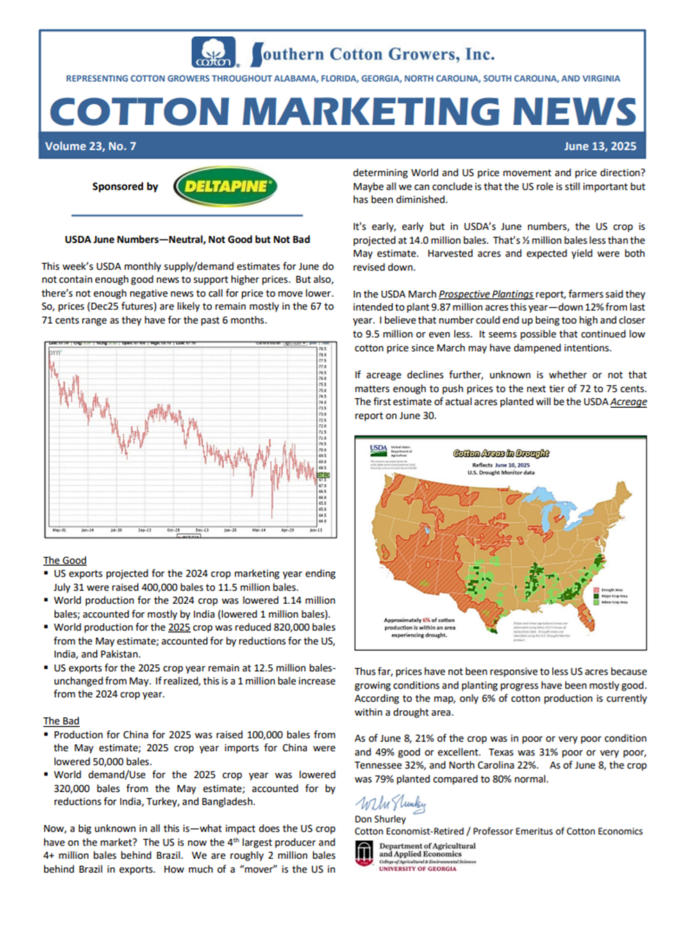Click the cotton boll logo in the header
click(214, 53)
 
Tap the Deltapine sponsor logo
click(226, 186)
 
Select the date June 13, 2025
click(599, 146)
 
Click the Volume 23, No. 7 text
click(90, 146)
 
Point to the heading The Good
click(65, 560)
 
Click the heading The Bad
click(61, 721)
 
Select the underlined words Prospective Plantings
click(486, 294)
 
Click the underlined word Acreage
click(628, 402)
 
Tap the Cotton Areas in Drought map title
click(501, 453)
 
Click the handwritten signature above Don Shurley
click(390, 803)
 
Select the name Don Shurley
click(380, 819)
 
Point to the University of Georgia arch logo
click(364, 853)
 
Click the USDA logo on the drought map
click(379, 449)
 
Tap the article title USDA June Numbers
click(187, 239)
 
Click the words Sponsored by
click(125, 186)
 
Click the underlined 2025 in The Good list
click(178, 627)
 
